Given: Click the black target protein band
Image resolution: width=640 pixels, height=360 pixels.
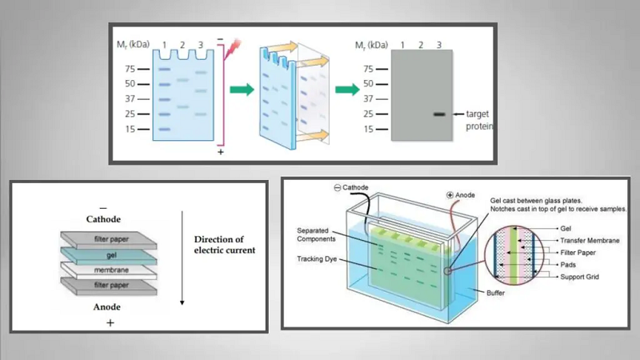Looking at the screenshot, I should [x=439, y=114].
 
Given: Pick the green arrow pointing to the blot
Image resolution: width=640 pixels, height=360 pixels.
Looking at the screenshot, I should [x=346, y=90].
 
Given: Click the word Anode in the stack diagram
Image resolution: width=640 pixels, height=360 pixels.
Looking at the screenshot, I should [x=109, y=305].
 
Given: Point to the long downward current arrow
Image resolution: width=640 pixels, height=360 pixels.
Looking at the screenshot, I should [x=182, y=256].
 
